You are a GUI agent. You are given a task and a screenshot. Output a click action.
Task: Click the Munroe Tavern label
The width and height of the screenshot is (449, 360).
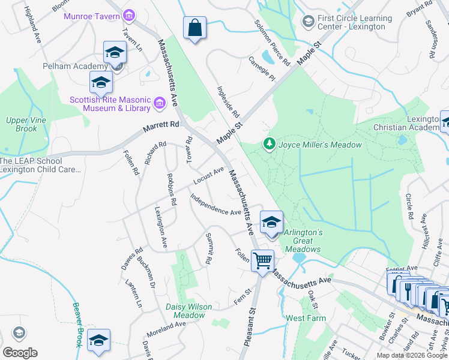pyautogui.click(x=92, y=14)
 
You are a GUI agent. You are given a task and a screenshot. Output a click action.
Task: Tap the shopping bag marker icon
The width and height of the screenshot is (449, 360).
pyautogui.click(x=195, y=28)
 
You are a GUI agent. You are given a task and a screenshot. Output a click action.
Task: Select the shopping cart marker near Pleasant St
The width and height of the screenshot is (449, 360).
pyautogui.click(x=262, y=262)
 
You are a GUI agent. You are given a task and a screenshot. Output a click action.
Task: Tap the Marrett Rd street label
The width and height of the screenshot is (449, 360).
pyautogui.click(x=161, y=127)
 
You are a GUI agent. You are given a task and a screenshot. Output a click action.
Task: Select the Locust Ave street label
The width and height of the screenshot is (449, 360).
pyautogui.click(x=208, y=176)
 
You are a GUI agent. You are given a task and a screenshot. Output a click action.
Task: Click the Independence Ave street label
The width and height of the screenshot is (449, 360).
pyautogui.click(x=215, y=204)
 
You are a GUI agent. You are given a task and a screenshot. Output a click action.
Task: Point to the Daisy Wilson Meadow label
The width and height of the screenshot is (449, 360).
pyautogui.click(x=189, y=311)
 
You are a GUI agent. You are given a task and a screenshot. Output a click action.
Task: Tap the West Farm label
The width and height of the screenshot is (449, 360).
pyautogui.click(x=306, y=319)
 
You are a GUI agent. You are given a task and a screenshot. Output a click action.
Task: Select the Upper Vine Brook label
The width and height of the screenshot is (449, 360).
pyautogui.click(x=22, y=124)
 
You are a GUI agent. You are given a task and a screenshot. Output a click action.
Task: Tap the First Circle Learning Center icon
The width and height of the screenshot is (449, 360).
pyautogui.click(x=309, y=22)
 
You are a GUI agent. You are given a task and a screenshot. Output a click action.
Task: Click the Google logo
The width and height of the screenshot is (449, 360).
pyautogui.click(x=20, y=353)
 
